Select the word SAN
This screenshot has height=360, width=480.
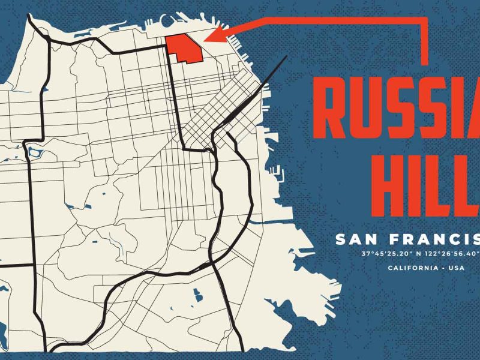tap(355, 240)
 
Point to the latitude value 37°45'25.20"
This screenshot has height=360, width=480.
tap(384, 254)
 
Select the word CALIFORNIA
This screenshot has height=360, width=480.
tap(411, 268)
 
